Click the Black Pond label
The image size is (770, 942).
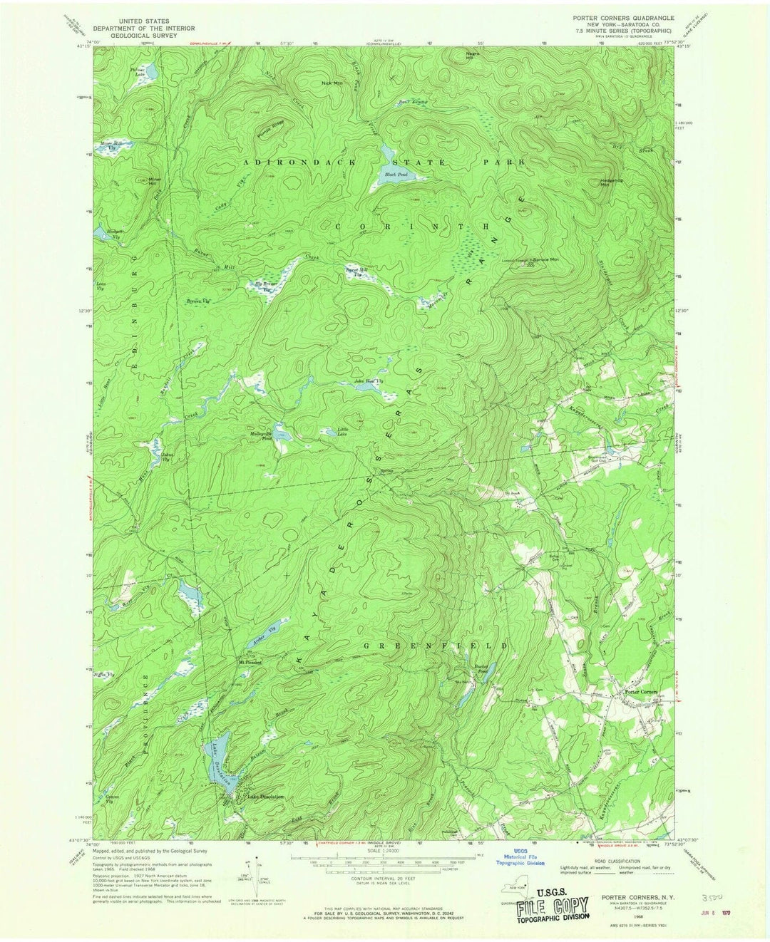391,175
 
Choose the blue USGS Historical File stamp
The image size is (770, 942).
520,857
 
